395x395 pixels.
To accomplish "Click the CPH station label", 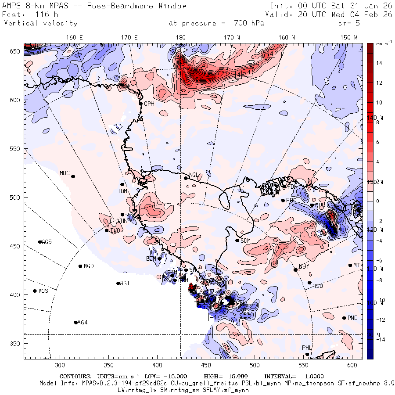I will pyautogui.click(x=149, y=104).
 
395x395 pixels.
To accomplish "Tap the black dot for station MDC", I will pyautogui.click(x=73, y=176).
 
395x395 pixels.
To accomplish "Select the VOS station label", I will pyautogui.click(x=43, y=291).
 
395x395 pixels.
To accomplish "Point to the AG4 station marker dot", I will pyautogui.click(x=76, y=323).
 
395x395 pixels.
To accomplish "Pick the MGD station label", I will pyautogui.click(x=89, y=266).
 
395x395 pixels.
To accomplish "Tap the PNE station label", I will pyautogui.click(x=352, y=318).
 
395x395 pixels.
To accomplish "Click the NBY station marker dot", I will pyautogui.click(x=295, y=270).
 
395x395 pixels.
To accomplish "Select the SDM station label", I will pyautogui.click(x=246, y=241).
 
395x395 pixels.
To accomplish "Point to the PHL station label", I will pyautogui.click(x=306, y=348).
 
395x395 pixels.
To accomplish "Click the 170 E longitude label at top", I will pyautogui.click(x=129, y=38).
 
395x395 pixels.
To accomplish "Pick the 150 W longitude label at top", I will pyautogui.click(x=349, y=38).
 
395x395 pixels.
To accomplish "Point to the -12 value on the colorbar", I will pyautogui.click(x=380, y=320).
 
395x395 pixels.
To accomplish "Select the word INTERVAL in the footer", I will pyautogui.click(x=280, y=377).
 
